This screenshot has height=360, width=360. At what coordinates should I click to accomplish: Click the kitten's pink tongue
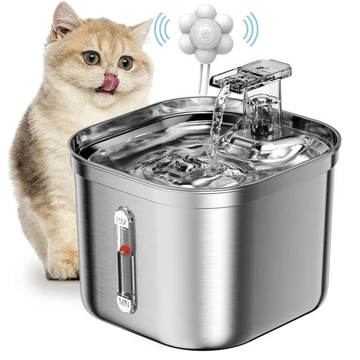point(109,82)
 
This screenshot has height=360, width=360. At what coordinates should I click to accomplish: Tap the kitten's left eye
point(91,57)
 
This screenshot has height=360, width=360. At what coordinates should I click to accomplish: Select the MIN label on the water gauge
point(124,304)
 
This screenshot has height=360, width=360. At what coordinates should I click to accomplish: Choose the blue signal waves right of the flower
point(250,30)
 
